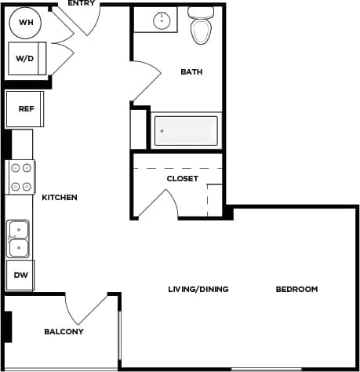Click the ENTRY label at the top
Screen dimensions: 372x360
tap(82, 4)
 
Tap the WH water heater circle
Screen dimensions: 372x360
tap(26, 22)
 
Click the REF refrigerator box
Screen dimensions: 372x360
tap(25, 109)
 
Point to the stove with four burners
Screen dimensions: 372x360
tap(21, 177)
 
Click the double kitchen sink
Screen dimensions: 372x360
tap(18, 239)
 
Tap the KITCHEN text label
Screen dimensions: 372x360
tap(60, 197)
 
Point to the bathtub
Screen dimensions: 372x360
tap(186, 130)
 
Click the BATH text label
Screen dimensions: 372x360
tap(191, 72)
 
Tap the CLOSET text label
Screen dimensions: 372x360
tap(182, 179)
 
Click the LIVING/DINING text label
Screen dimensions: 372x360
tap(198, 289)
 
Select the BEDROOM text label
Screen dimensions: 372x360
tap(296, 289)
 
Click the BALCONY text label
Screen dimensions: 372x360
tap(64, 331)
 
